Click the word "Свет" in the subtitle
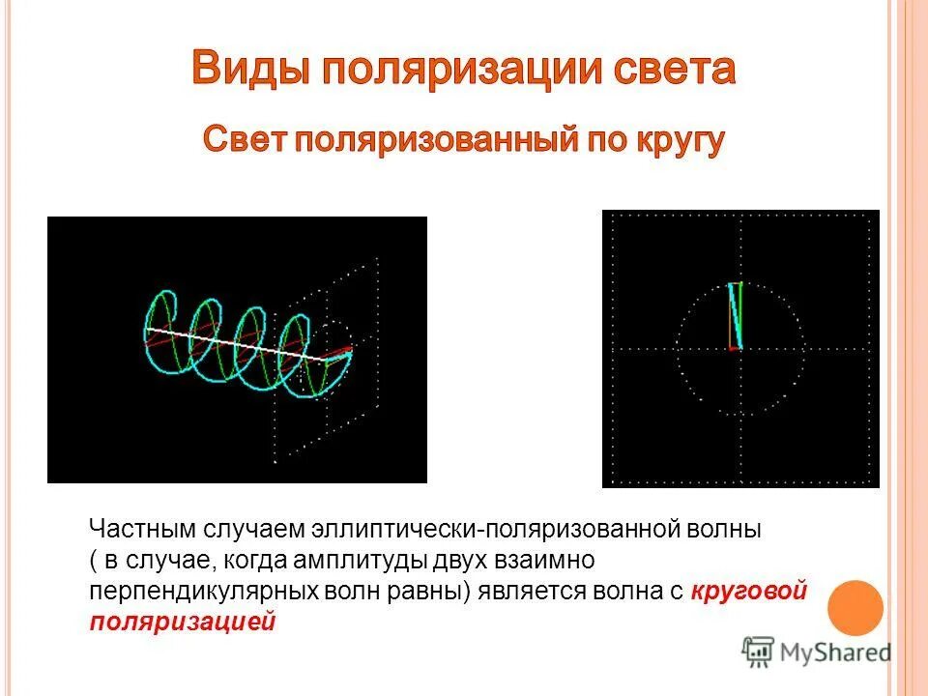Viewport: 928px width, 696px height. click(x=244, y=141)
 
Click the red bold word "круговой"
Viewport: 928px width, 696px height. click(x=750, y=591)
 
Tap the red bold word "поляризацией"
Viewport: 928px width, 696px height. click(x=183, y=622)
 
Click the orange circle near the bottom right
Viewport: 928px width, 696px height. click(x=856, y=606)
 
